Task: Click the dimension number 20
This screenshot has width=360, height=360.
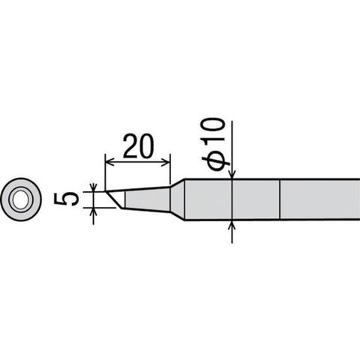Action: click(x=137, y=146)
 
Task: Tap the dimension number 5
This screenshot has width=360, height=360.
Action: click(x=67, y=199)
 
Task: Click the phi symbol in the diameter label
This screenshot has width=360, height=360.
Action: click(x=216, y=161)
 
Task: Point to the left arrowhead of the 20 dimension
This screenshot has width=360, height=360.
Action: click(x=110, y=162)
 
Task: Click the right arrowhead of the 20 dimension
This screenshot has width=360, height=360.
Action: click(x=165, y=162)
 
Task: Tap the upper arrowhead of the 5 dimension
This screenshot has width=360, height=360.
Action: click(x=93, y=187)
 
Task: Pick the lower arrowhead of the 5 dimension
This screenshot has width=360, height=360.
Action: click(x=93, y=211)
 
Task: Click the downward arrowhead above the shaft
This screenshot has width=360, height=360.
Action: click(x=232, y=175)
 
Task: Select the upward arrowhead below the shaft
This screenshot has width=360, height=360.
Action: click(x=232, y=225)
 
